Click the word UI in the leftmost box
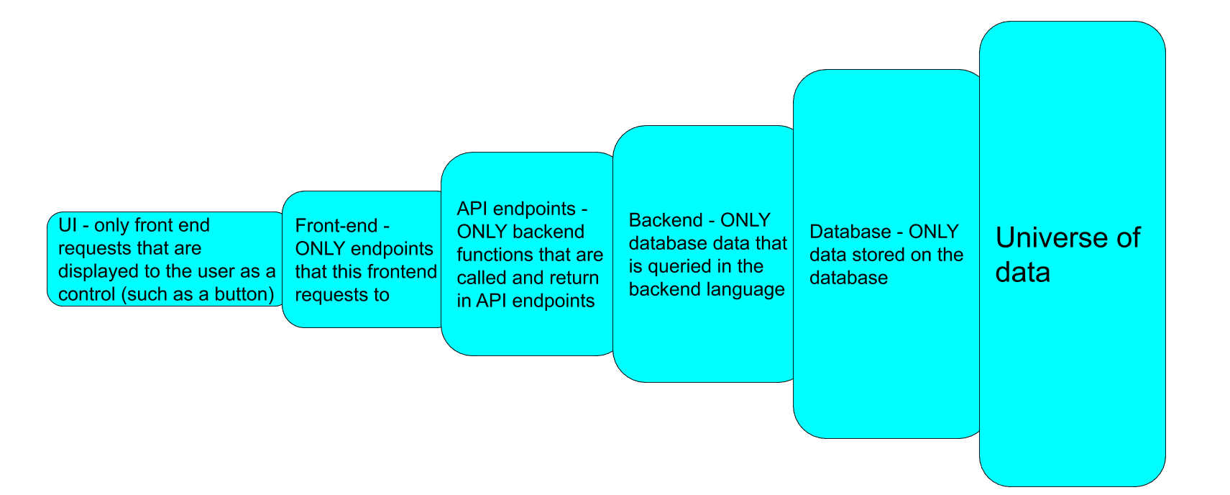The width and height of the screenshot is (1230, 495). tap(68, 225)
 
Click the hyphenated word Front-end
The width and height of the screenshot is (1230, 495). tap(336, 226)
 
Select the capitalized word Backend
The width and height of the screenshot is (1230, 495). tap(666, 220)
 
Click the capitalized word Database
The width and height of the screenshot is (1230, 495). tap(850, 232)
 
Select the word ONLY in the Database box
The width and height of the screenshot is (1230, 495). tap(933, 232)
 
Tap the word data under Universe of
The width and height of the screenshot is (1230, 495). tap(1022, 273)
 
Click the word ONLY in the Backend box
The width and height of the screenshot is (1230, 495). tap(745, 220)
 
